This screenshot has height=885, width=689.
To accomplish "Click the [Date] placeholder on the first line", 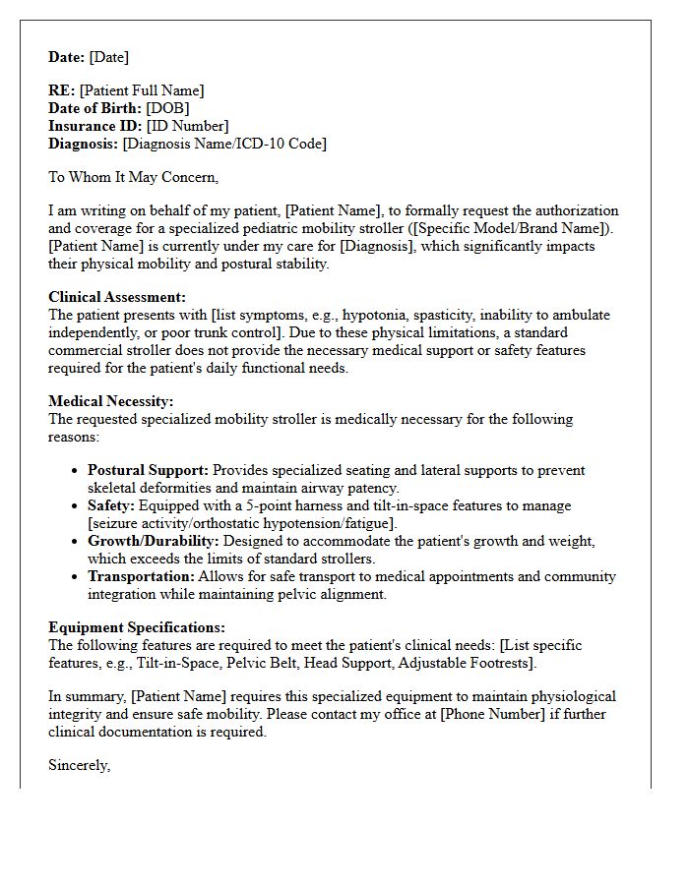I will coord(109,57).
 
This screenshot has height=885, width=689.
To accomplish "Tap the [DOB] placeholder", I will coord(167,108).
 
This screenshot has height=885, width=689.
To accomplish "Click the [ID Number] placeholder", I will coord(187,126).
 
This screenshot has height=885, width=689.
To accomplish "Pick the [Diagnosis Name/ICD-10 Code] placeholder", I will coord(224,144).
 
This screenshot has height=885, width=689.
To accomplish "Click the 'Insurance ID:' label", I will coord(95,126).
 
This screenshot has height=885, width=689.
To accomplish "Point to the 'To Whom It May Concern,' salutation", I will coord(133,177).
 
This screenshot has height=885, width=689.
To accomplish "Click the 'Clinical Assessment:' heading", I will coord(117,297).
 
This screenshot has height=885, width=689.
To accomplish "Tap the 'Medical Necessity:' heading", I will coord(111,401).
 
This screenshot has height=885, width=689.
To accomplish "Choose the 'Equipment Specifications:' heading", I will coord(137,627).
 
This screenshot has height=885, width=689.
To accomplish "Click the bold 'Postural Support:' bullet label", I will coord(148,470).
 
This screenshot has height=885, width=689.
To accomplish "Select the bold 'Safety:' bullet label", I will coord(115,505).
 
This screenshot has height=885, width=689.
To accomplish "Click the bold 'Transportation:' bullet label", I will coord(141,576).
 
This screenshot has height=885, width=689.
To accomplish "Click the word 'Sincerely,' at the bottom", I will coord(80,765).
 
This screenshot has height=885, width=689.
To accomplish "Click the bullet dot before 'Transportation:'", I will coord(75,577).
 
